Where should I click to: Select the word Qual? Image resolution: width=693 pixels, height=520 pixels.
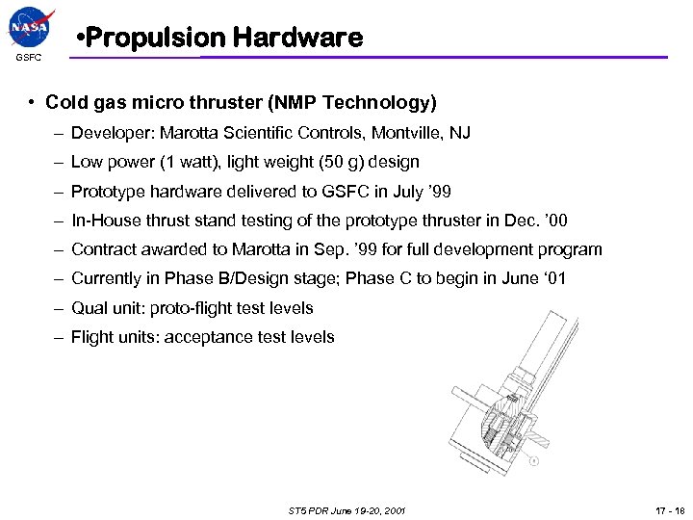(x=88, y=308)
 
